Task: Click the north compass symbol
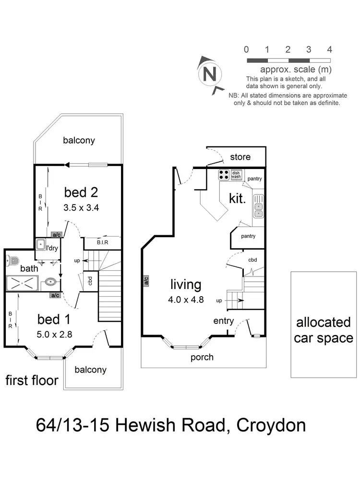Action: (209, 74)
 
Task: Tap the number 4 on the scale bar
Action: (329, 49)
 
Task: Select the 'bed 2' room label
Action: (81, 192)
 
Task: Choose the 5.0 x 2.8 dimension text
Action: (54, 335)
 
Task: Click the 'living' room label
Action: (186, 284)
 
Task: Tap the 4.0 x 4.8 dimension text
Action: (186, 300)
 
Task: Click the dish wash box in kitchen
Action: (236, 175)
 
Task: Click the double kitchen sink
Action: (259, 210)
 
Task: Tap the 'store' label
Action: (240, 157)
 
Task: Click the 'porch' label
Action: (202, 357)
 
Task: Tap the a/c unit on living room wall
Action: (144, 280)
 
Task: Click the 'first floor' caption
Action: (32, 381)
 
